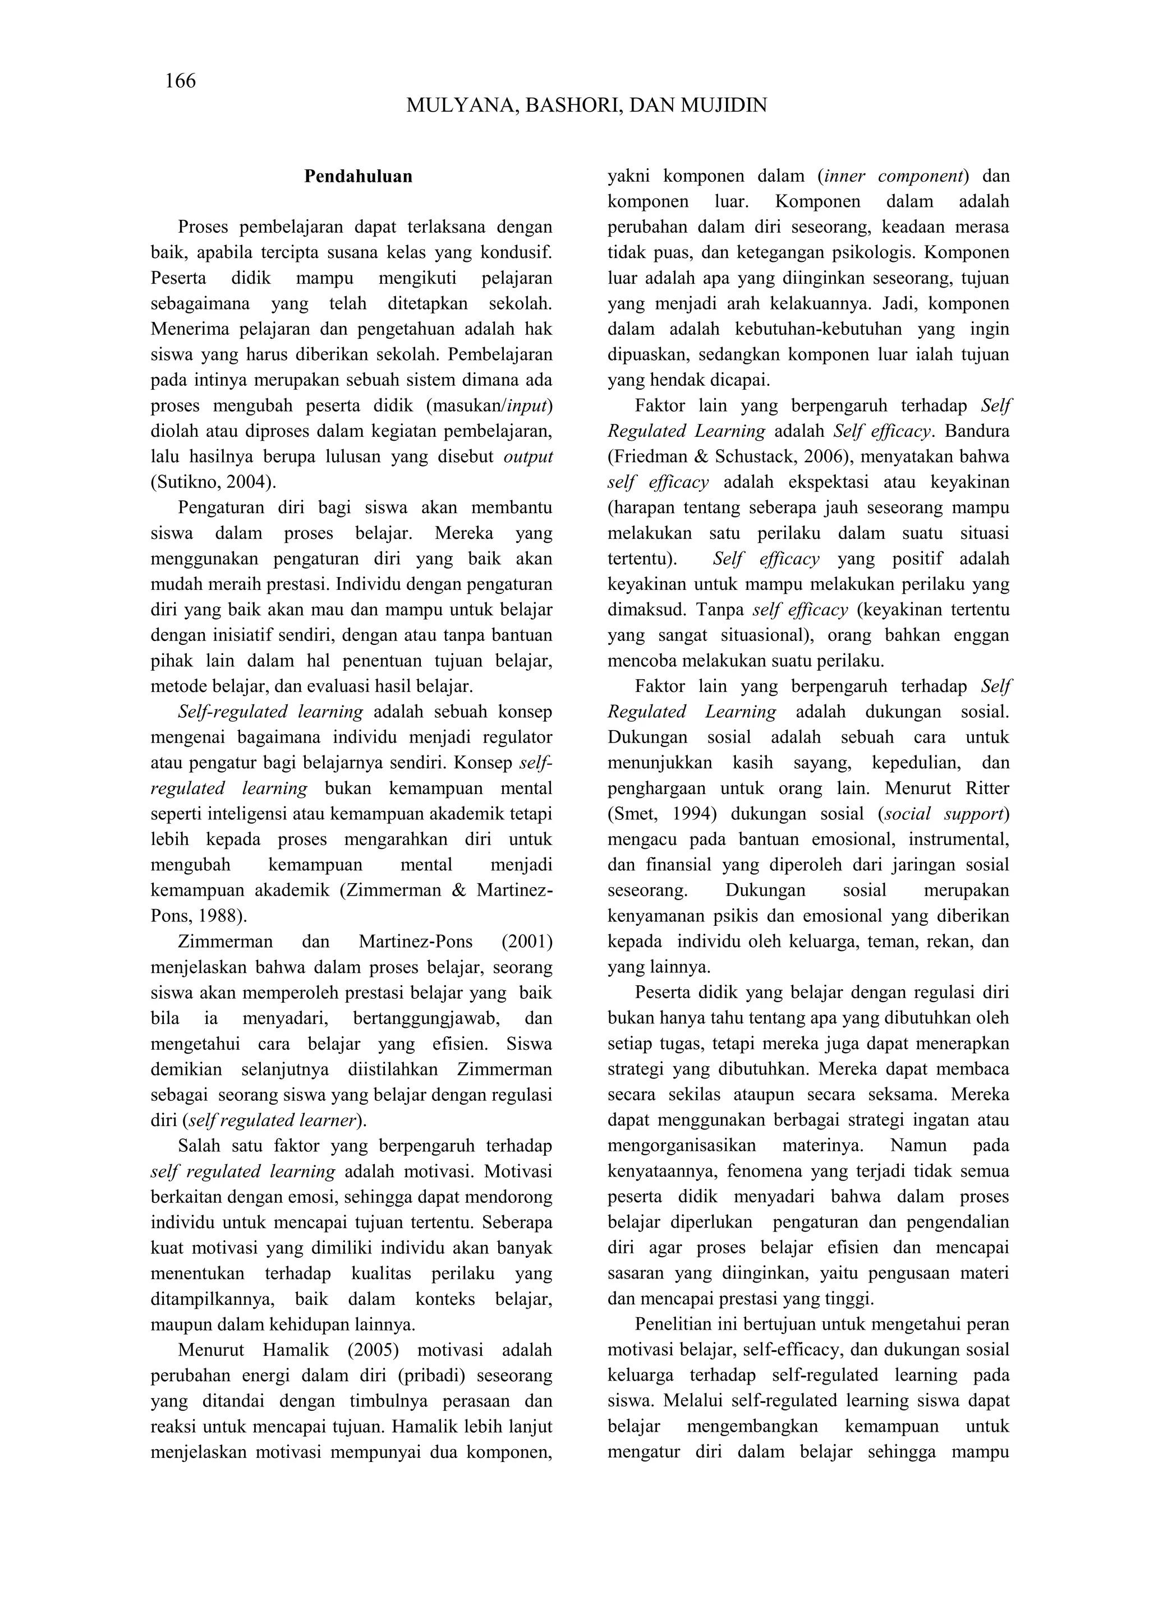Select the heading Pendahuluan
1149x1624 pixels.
[x=358, y=177]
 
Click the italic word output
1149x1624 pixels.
[x=528, y=457]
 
